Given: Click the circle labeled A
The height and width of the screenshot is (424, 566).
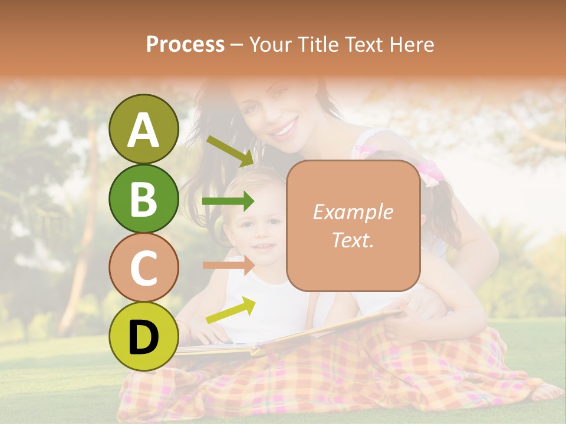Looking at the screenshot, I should pyautogui.click(x=143, y=129).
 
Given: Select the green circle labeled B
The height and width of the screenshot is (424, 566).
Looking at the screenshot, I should pyautogui.click(x=143, y=198).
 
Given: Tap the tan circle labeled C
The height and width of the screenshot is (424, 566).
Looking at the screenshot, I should pyautogui.click(x=143, y=268).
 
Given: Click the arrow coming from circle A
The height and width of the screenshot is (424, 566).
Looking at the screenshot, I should pyautogui.click(x=230, y=150).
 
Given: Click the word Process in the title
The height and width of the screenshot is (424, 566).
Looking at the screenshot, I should pyautogui.click(x=185, y=44).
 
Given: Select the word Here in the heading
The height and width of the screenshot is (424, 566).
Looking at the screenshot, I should pyautogui.click(x=410, y=44).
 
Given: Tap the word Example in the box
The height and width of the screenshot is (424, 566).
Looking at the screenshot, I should pyautogui.click(x=353, y=212).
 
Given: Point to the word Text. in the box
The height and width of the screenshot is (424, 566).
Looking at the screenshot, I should pyautogui.click(x=353, y=239).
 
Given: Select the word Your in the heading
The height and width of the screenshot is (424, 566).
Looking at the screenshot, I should pyautogui.click(x=270, y=44).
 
